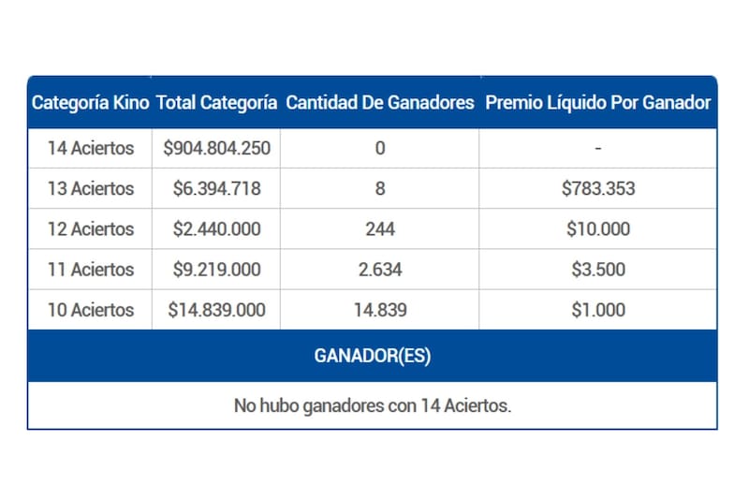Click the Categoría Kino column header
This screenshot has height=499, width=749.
pos(91,103)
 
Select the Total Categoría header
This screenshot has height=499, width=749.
pos(216,103)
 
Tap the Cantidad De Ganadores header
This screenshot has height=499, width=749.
pos(379,103)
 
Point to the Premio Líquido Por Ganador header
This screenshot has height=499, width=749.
pos(598,103)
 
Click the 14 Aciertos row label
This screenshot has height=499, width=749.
pos(91,148)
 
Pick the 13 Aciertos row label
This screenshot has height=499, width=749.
pos(91,188)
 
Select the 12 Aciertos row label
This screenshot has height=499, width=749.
pos(91,228)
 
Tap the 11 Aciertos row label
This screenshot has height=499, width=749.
pos(91,270)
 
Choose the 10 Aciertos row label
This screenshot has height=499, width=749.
pos(91,310)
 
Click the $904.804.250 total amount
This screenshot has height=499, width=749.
pos(216,148)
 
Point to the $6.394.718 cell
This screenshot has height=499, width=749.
pos(216,188)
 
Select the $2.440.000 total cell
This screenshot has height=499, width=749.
pos(216,228)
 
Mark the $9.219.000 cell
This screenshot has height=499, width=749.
pos(216,270)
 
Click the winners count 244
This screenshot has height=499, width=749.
pos(379,228)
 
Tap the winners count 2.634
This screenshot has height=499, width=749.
pos(379,270)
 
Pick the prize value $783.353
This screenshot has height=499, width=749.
pos(598,188)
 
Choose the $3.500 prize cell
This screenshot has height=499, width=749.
pos(598,270)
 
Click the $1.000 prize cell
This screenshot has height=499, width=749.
pos(598,310)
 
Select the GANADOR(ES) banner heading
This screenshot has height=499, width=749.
pos(373,356)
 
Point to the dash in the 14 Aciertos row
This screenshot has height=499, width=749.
pos(597,148)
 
